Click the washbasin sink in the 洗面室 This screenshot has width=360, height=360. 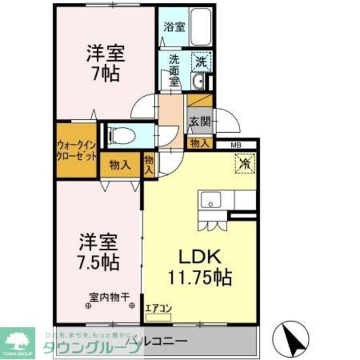pyautogui.click(x=197, y=83)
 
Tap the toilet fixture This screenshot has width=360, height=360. pyautogui.click(x=119, y=135)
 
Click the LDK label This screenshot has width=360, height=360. pyautogui.click(x=198, y=256)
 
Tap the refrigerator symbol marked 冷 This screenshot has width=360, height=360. pyautogui.click(x=245, y=163)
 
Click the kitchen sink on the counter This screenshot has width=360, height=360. pyautogui.click(x=212, y=200)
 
